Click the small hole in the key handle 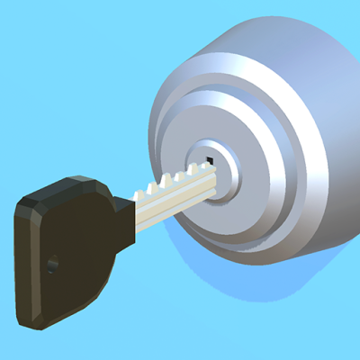tap(52, 264)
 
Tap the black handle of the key tap(67, 247)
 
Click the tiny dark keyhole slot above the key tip tap(209, 162)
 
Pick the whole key tap(99, 234)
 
